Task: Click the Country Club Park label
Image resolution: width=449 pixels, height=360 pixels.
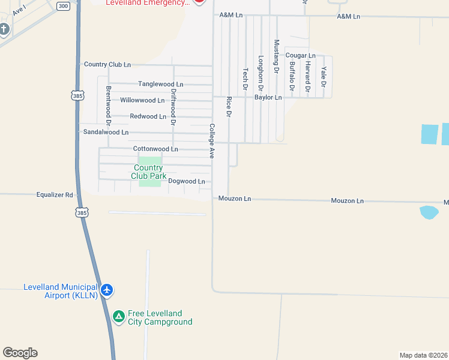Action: pyautogui.click(x=149, y=172)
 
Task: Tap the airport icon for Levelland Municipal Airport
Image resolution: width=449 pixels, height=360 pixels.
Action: pyautogui.click(x=107, y=290)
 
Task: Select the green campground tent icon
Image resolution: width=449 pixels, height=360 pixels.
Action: pyautogui.click(x=119, y=316)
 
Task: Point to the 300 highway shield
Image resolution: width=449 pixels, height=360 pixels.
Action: pyautogui.click(x=63, y=5)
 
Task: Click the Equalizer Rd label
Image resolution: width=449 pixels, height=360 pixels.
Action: pyautogui.click(x=54, y=195)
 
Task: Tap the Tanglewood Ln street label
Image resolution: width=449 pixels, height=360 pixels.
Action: pyautogui.click(x=160, y=84)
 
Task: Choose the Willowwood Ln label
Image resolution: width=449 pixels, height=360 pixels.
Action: pyautogui.click(x=142, y=100)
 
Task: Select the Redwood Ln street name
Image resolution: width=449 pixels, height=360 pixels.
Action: pyautogui.click(x=148, y=116)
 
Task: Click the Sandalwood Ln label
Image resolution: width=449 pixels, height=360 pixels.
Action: pyautogui.click(x=106, y=132)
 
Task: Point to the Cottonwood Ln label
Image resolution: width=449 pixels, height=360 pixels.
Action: pyautogui.click(x=155, y=149)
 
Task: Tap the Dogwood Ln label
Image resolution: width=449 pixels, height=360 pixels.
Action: pyautogui.click(x=187, y=181)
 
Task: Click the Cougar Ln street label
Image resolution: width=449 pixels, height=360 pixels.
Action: pyautogui.click(x=301, y=55)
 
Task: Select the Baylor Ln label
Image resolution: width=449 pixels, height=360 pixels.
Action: pyautogui.click(x=268, y=97)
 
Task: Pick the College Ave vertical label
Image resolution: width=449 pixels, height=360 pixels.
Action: pyautogui.click(x=211, y=141)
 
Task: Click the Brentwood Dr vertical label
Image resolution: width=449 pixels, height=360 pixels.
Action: pyautogui.click(x=109, y=101)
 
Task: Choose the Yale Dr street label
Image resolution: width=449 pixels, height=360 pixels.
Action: pyautogui.click(x=323, y=73)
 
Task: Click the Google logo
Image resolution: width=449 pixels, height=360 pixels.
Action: pyautogui.click(x=20, y=353)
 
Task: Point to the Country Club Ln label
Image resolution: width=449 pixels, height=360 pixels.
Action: pyautogui.click(x=107, y=64)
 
